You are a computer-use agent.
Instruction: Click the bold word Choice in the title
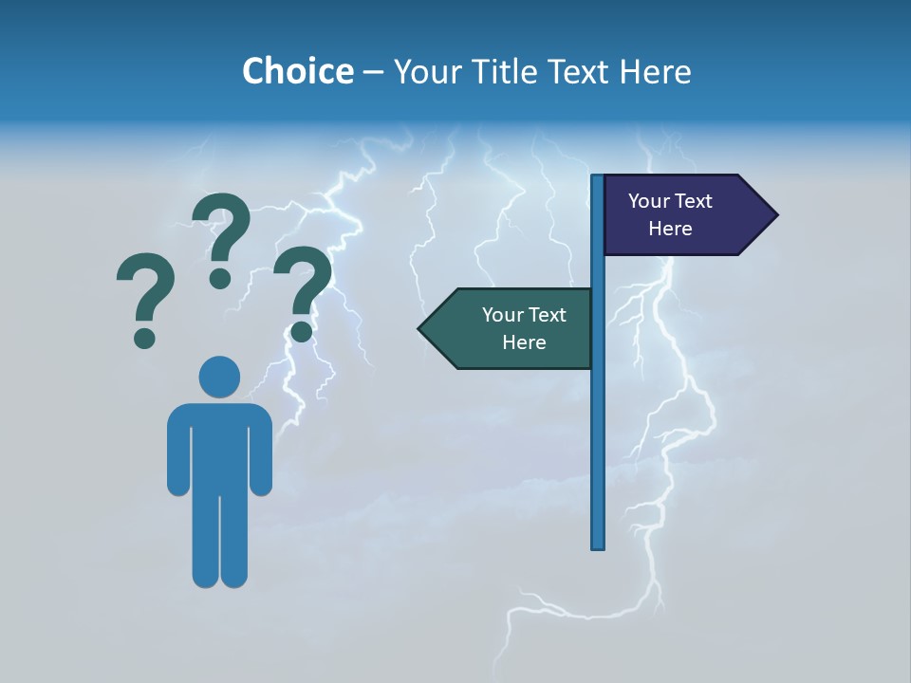tap(297, 71)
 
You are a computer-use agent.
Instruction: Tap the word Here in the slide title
tap(655, 71)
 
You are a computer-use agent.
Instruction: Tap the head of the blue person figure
tap(219, 377)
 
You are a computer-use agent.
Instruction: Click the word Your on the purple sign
tap(649, 201)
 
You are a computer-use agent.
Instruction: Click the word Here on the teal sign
tap(524, 342)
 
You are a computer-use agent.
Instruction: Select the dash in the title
tap(373, 72)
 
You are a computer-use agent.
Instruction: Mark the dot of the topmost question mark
tap(220, 278)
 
